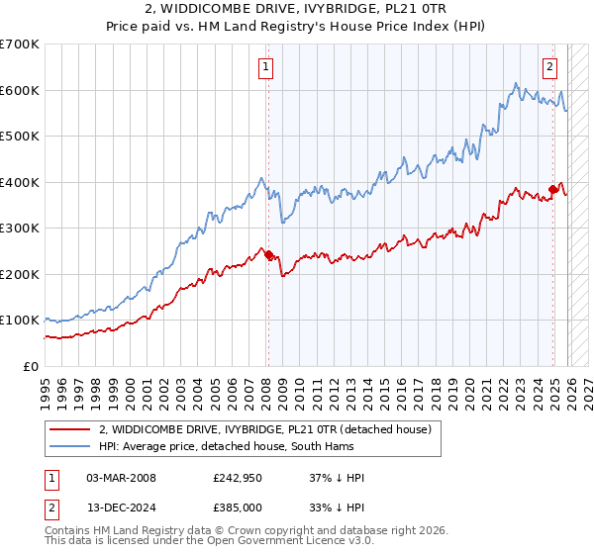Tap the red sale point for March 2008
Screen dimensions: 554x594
pyautogui.click(x=268, y=254)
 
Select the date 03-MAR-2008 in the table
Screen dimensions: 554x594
pyautogui.click(x=121, y=478)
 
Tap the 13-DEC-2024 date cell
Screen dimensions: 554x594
pyautogui.click(x=121, y=507)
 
